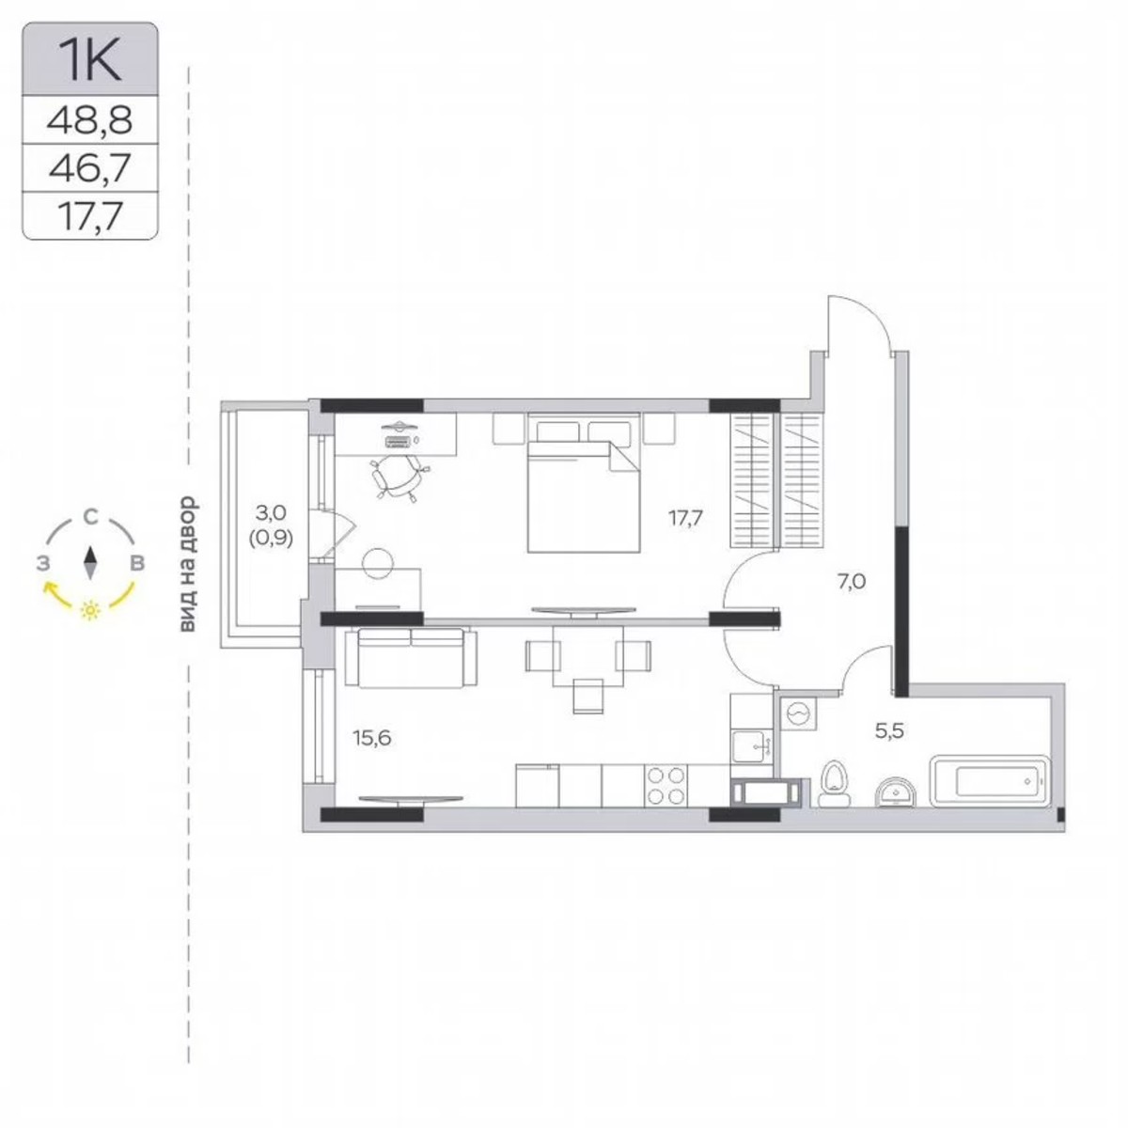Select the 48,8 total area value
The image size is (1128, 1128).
[90, 119]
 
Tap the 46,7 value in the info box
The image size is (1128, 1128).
[90, 169]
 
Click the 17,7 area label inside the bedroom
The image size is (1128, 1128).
[686, 516]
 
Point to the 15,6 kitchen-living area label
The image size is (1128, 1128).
[371, 738]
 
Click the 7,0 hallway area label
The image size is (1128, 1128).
[851, 582]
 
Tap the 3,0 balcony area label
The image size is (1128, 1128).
[271, 513]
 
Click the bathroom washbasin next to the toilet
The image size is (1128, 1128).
[898, 792]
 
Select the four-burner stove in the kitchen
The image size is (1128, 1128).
[666, 785]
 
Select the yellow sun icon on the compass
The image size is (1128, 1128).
[90, 610]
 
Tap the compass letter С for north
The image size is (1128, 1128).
[90, 516]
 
